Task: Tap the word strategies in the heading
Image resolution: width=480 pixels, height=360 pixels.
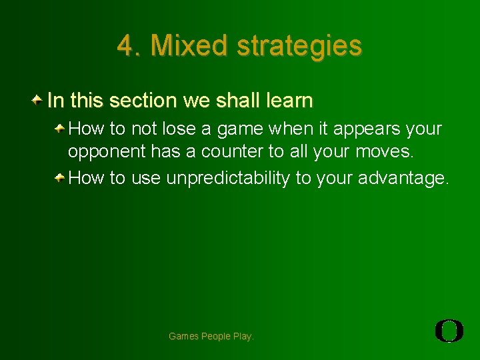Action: click(x=300, y=45)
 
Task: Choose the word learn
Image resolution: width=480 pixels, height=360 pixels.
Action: click(x=287, y=101)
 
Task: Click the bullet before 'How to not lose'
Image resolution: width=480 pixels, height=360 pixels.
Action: click(x=60, y=127)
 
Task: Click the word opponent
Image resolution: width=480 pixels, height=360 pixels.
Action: click(x=107, y=152)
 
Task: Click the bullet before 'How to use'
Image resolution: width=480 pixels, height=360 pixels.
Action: click(x=60, y=177)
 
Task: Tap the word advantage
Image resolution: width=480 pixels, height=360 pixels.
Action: click(x=403, y=178)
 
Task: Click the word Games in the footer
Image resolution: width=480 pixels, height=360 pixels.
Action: click(x=183, y=337)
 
